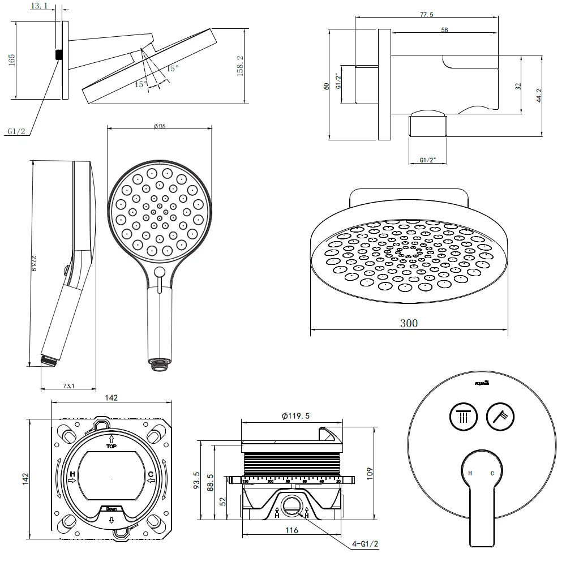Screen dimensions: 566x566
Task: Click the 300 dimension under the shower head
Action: [x=409, y=323]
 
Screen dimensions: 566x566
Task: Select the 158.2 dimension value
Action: [x=240, y=66]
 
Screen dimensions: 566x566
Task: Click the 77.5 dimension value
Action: [x=427, y=15]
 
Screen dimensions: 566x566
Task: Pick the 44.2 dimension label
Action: [x=539, y=94]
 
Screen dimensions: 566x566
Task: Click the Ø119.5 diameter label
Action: [x=295, y=416]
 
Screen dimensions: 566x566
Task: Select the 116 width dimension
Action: [x=291, y=530]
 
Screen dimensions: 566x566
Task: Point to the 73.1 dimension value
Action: [x=68, y=386]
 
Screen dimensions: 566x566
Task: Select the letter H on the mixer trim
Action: [x=469, y=473]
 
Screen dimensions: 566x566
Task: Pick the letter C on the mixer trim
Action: [x=492, y=473]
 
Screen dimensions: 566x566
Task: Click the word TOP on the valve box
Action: [x=111, y=446]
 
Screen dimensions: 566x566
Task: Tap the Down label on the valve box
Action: [x=112, y=509]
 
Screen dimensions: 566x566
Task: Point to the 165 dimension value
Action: [x=12, y=60]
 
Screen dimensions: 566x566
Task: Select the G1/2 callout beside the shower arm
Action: [x=17, y=131]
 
